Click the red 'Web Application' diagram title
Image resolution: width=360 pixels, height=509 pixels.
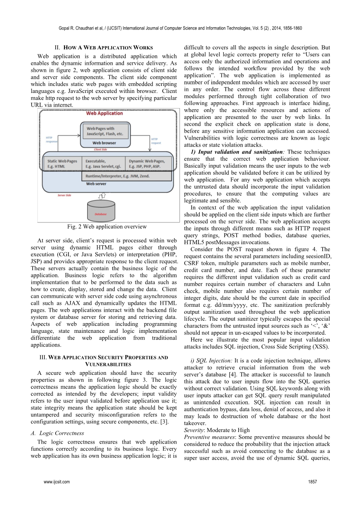pyautogui.click(x=104, y=114)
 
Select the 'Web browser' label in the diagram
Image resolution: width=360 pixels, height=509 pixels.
pyautogui.click(x=104, y=143)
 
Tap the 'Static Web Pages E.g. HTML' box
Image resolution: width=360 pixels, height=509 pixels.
pyautogui.click(x=62, y=164)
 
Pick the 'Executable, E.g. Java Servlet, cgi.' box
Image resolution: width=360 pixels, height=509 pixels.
pyautogui.click(x=103, y=164)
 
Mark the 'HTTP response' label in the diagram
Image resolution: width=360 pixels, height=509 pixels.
pyautogui.click(x=51, y=139)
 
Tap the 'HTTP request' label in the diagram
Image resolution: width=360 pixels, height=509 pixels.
pyautogui.click(x=156, y=141)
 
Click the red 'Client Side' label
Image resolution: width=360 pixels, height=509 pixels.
pyautogui.click(x=100, y=149)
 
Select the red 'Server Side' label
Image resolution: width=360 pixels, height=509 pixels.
pyautogui.click(x=64, y=195)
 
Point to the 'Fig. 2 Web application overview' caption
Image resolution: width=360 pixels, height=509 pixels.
pyautogui.click(x=107, y=227)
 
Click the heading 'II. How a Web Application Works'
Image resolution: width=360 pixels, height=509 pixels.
pyautogui.click(x=104, y=47)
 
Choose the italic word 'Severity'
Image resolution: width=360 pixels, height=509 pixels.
pyautogui.click(x=194, y=430)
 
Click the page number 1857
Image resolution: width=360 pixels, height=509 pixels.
pyautogui.click(x=312, y=482)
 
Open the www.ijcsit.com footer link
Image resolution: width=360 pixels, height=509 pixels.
pyautogui.click(x=57, y=482)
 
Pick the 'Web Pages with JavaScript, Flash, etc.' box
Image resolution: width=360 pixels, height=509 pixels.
pyautogui.click(x=104, y=131)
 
